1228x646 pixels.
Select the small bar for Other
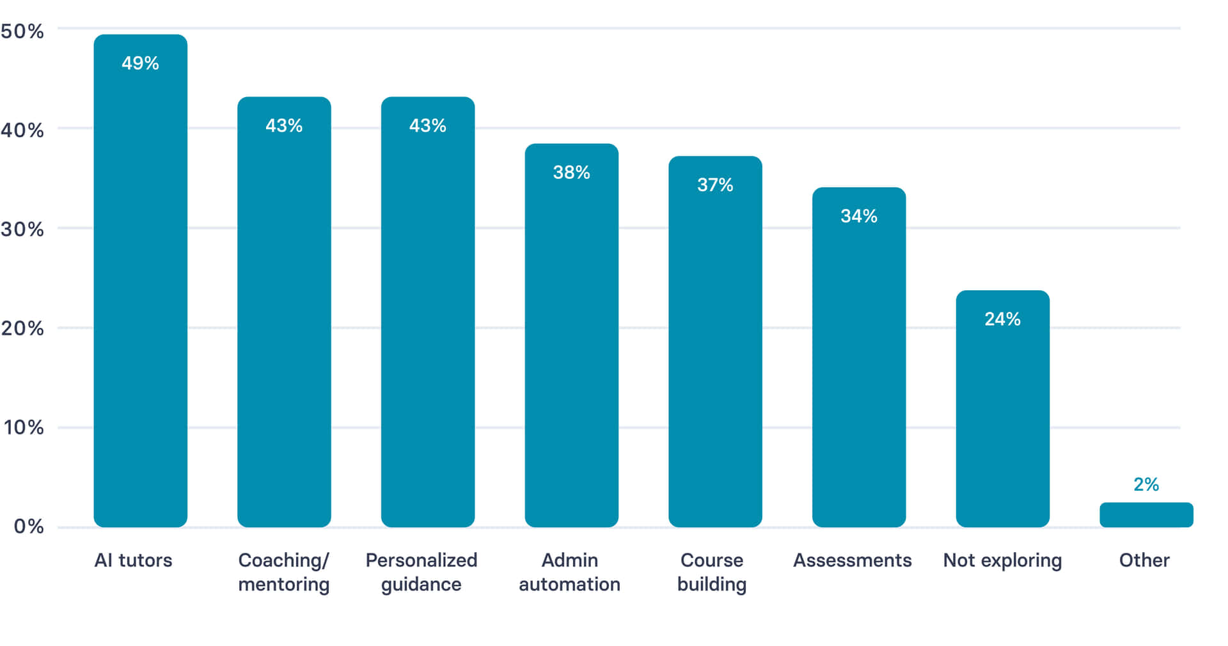pos(1146,515)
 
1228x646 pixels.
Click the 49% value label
pos(140,63)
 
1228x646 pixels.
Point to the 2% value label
pos(1146,484)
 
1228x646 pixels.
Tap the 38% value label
pos(571,173)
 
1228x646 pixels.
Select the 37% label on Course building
pos(715,185)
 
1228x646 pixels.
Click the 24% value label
pos(1002,319)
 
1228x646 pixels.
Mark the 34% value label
pos(858,216)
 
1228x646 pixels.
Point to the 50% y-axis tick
pos(22,31)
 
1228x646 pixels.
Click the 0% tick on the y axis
pos(29,527)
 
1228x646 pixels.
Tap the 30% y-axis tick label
pos(22,229)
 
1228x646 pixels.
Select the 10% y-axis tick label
pos(24,427)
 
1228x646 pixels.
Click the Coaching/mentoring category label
pos(283,572)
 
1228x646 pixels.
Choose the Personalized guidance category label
pos(421,572)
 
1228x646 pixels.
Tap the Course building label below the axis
pos(712,572)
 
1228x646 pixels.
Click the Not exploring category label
pos(1002,560)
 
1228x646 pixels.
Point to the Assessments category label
pos(852,560)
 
